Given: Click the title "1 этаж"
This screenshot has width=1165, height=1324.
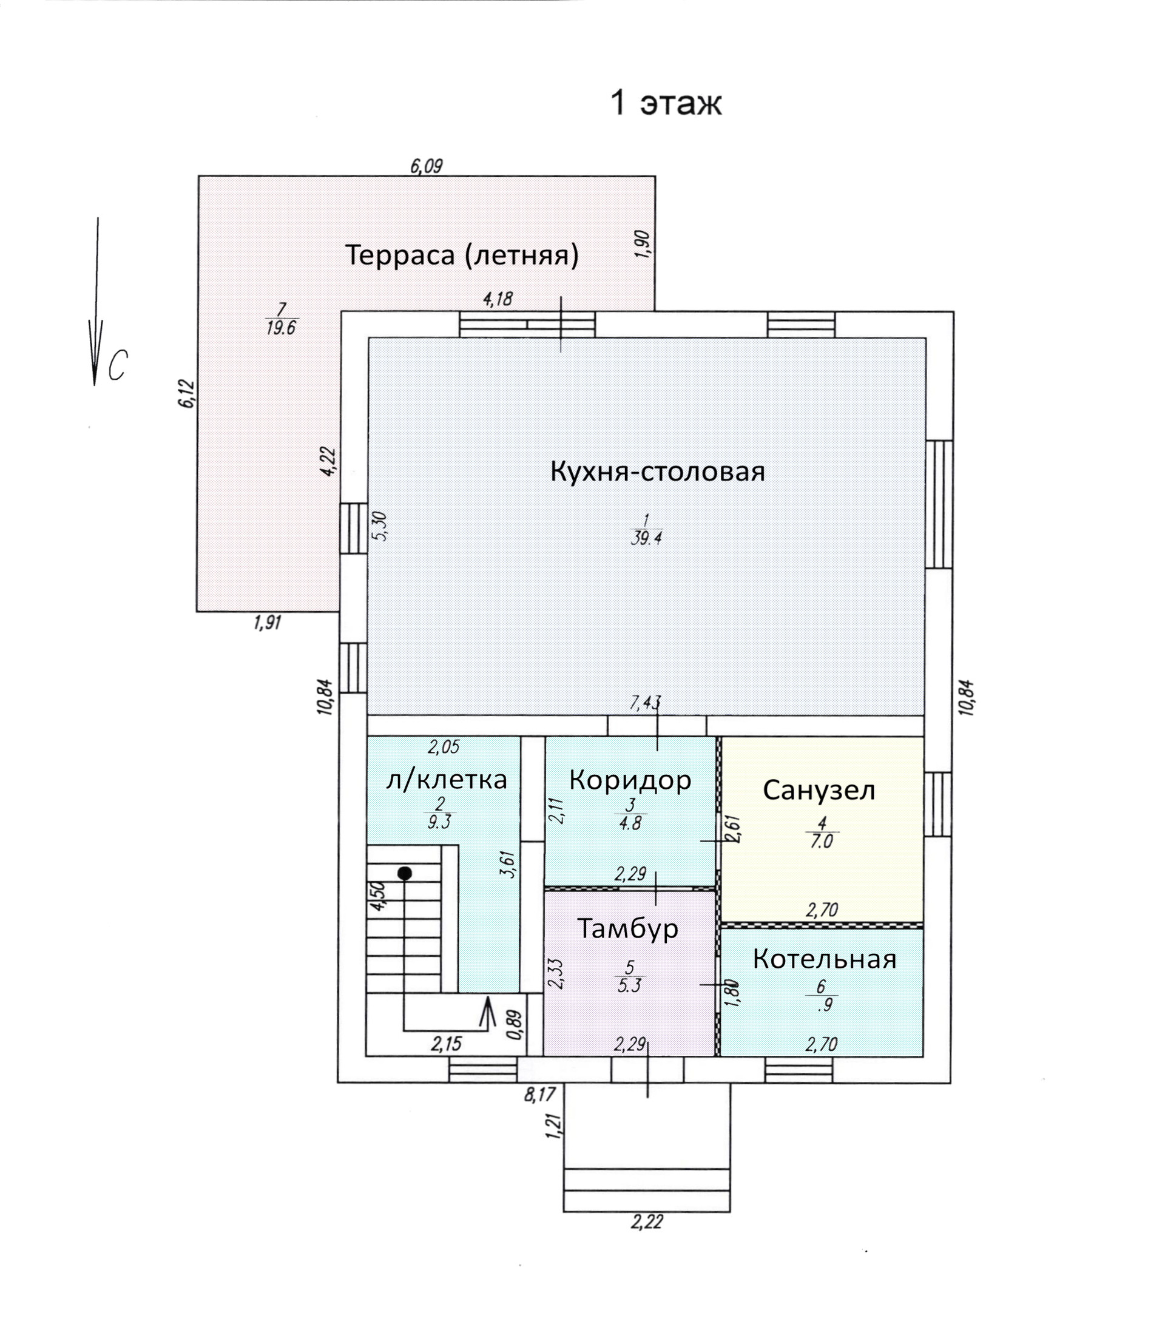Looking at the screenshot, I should click(x=666, y=103).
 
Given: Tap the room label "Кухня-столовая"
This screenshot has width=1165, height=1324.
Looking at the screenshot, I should click(x=657, y=471).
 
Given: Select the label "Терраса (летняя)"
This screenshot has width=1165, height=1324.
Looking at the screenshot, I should click(x=461, y=255).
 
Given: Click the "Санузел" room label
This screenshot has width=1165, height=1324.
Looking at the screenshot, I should click(x=819, y=789).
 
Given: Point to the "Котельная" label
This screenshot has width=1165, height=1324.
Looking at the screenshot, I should click(x=824, y=959).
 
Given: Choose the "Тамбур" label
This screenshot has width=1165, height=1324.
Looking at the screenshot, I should click(x=627, y=928).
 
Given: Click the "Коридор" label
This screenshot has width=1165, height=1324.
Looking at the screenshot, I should click(x=629, y=779).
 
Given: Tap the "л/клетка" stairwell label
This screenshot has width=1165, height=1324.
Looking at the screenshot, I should click(x=446, y=780).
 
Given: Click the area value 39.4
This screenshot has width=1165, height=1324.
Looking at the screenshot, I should click(x=646, y=538).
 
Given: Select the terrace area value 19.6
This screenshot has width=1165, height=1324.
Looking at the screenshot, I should click(x=281, y=328).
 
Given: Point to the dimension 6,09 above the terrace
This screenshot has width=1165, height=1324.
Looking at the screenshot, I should click(x=426, y=166).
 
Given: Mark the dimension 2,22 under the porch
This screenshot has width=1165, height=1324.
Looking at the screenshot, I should click(x=646, y=1221).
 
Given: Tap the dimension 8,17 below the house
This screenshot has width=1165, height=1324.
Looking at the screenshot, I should click(x=539, y=1094).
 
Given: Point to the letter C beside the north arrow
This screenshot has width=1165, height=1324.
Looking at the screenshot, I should click(x=117, y=365).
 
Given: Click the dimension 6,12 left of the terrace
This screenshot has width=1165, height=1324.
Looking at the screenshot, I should click(x=186, y=393).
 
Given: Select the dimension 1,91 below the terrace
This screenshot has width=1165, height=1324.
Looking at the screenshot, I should click(x=267, y=623).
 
